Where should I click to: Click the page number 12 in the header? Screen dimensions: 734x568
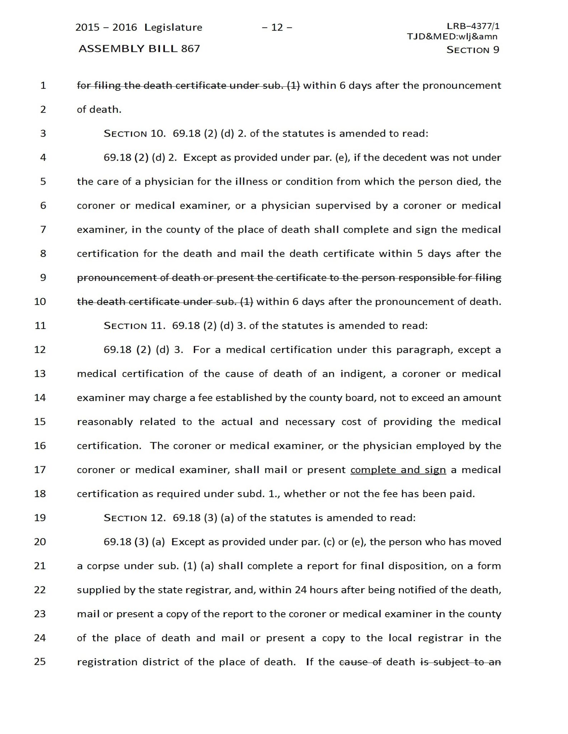(277, 28)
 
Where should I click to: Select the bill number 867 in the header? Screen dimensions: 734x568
(191, 49)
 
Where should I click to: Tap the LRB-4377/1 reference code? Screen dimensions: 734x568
(473, 26)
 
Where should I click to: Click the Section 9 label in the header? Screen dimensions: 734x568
(473, 50)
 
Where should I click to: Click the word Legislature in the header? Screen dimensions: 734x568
(173, 28)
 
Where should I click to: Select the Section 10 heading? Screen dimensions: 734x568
(134, 134)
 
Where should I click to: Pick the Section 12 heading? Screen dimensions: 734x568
(134, 518)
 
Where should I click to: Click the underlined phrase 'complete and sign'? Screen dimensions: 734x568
(398, 470)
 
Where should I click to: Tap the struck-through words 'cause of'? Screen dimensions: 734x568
(360, 662)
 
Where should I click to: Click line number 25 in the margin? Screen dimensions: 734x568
(40, 662)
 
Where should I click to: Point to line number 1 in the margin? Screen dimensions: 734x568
(43, 86)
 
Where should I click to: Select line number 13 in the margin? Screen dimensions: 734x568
(40, 374)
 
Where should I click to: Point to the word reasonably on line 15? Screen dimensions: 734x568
(105, 422)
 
